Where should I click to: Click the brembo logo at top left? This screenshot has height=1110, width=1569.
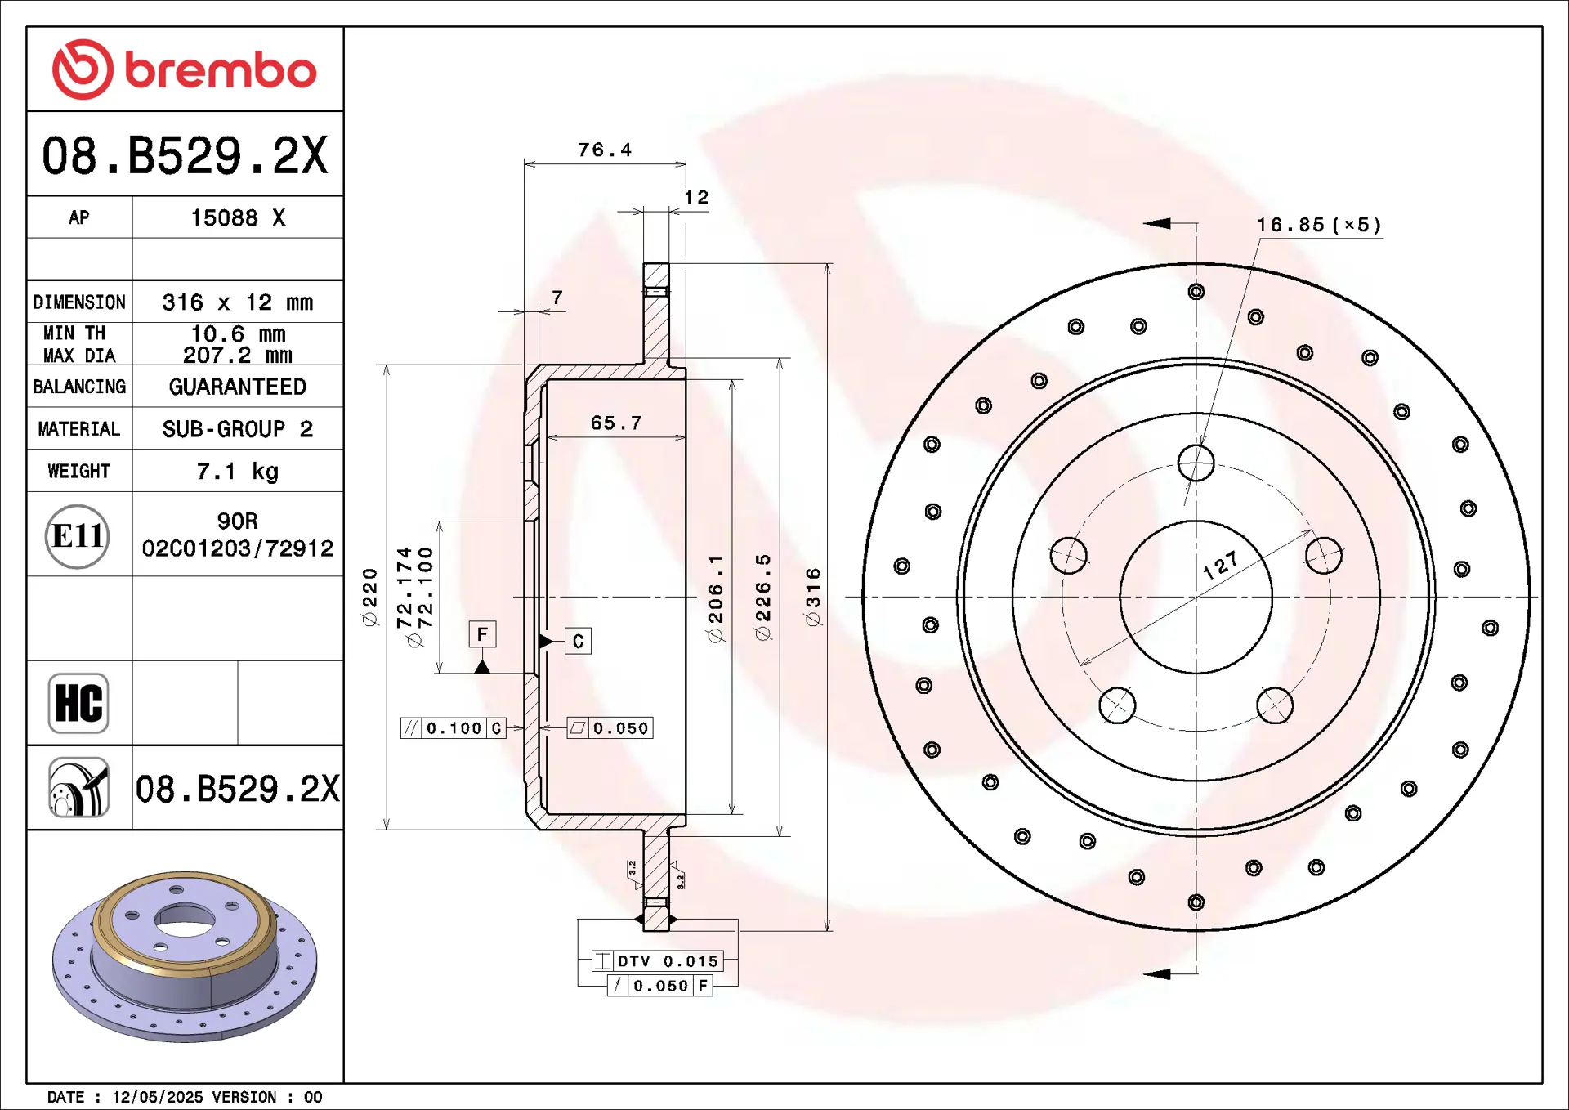[x=185, y=69]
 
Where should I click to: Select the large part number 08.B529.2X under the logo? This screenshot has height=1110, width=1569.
[x=185, y=155]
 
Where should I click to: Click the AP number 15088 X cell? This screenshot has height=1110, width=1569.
[x=237, y=218]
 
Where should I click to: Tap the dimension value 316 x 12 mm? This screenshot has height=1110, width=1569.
[x=237, y=302]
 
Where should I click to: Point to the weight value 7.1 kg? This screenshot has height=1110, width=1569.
[x=237, y=472]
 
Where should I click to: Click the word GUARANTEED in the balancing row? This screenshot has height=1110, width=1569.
[x=237, y=387]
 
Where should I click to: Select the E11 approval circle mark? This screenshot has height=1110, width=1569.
[x=78, y=536]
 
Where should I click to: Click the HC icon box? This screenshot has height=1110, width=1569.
[x=78, y=703]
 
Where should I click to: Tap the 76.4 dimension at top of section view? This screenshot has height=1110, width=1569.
[x=605, y=150]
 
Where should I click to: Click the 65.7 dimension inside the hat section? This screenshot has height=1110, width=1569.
[x=616, y=423]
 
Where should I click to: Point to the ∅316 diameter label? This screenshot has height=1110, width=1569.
[x=813, y=597]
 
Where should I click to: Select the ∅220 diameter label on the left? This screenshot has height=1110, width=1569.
[x=370, y=597]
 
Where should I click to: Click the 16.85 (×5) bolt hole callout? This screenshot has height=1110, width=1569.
[x=1319, y=225]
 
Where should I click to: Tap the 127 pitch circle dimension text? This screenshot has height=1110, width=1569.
[x=1220, y=565]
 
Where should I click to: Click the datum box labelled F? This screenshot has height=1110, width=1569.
[x=482, y=634]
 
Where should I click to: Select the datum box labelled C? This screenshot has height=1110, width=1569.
[x=578, y=641]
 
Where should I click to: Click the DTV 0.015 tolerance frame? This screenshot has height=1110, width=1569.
[x=658, y=961]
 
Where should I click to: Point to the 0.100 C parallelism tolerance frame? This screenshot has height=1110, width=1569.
[x=454, y=728]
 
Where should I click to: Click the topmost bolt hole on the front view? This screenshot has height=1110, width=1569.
[x=1196, y=463]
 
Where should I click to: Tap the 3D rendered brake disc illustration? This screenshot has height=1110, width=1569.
[x=185, y=956]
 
